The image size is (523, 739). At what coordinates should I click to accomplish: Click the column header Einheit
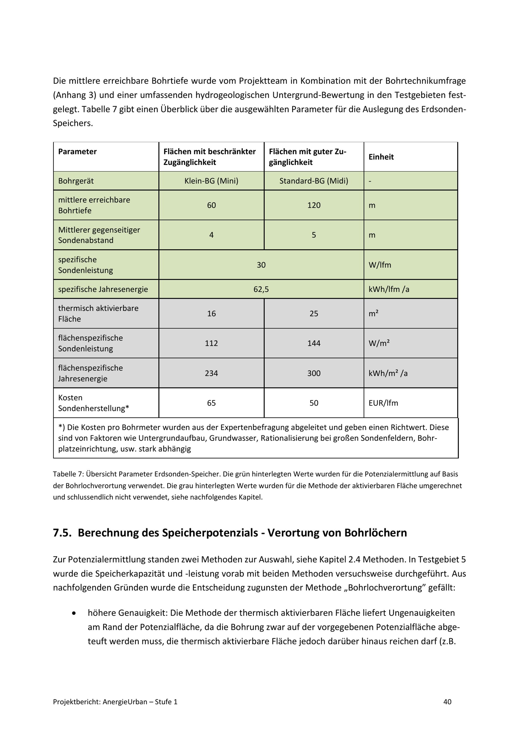click(381, 157)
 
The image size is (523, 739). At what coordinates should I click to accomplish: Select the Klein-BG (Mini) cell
click(211, 181)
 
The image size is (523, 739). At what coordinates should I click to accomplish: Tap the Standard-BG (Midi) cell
click(314, 181)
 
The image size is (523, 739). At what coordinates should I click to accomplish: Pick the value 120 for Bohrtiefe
click(314, 205)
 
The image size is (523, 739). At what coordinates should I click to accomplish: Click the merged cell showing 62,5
click(261, 289)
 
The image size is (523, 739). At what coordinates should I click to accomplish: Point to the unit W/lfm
click(380, 265)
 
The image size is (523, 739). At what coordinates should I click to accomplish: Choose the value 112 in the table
click(211, 343)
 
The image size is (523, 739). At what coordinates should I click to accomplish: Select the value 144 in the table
click(314, 343)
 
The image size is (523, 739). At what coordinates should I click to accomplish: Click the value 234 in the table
click(211, 373)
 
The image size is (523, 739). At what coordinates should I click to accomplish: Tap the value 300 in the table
click(314, 373)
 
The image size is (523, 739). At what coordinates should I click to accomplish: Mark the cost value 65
click(211, 403)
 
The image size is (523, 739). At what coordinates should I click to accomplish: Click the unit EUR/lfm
click(383, 403)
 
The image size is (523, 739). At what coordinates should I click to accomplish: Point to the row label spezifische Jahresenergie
click(103, 289)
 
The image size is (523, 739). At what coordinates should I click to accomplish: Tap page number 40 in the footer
click(447, 702)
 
